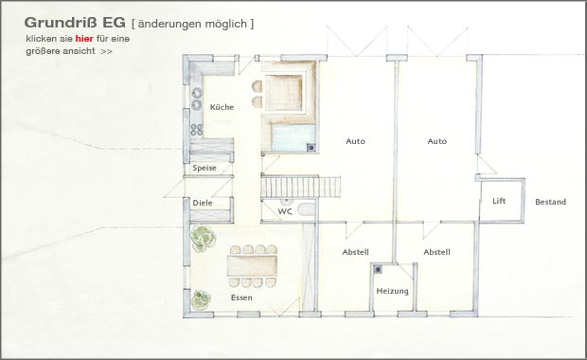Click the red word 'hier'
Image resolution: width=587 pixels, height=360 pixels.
[x=84, y=39]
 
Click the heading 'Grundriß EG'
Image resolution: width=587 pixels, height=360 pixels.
[x=75, y=23]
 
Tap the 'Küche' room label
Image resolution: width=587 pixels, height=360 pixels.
[x=222, y=107]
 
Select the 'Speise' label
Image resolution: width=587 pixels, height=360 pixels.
[x=205, y=168]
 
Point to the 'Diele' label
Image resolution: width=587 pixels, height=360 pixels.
[x=203, y=203]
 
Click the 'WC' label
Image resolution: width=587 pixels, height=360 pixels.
[x=285, y=211]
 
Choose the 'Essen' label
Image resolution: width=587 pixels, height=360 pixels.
[x=241, y=297]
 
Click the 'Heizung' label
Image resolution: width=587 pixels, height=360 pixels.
[x=392, y=291]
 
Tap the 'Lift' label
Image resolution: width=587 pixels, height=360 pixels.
[x=499, y=201]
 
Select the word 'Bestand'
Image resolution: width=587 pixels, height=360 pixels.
[x=550, y=202]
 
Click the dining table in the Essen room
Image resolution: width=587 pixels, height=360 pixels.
[x=252, y=265]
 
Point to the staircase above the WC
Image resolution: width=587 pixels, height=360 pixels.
[x=301, y=187]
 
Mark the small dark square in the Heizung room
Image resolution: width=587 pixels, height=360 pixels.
[x=378, y=269]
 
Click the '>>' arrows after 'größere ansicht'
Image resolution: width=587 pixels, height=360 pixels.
[x=106, y=51]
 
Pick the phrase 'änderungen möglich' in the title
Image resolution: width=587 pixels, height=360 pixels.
[x=192, y=24]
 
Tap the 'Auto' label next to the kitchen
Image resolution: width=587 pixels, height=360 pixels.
[x=355, y=141]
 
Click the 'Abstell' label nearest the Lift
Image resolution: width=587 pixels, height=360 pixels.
[x=436, y=252]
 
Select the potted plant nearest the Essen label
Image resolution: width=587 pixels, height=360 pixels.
[x=202, y=299]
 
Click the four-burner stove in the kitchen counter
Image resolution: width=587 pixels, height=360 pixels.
[x=197, y=130]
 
